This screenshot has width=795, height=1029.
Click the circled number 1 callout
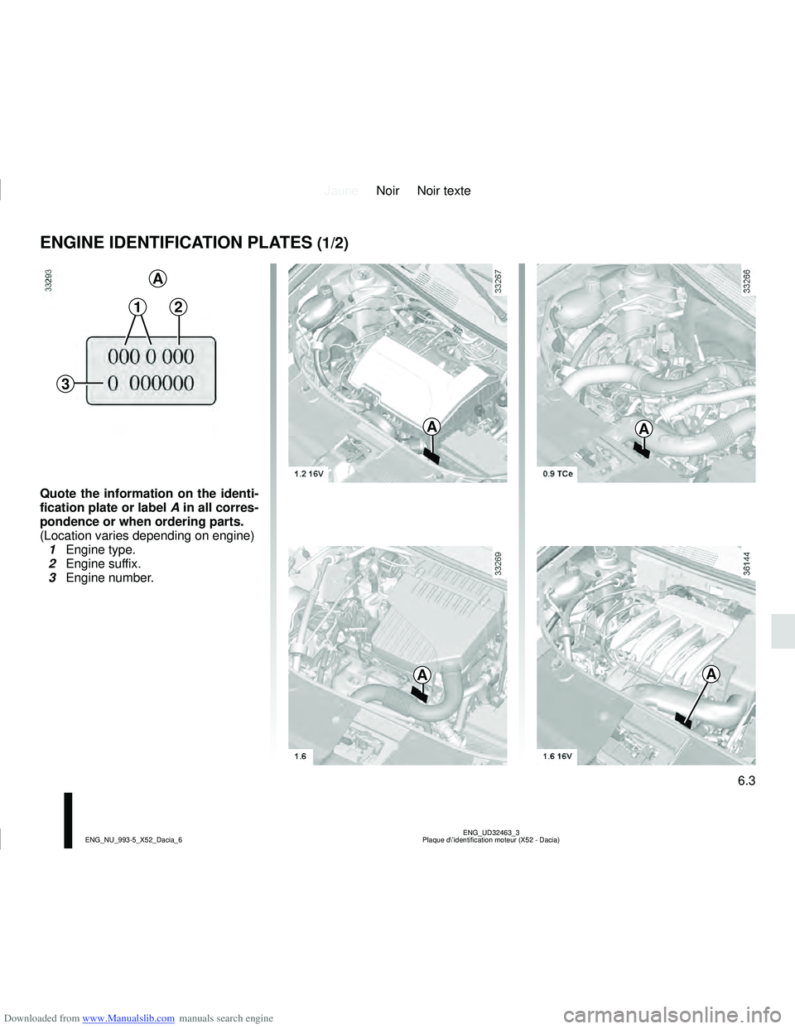click(x=137, y=307)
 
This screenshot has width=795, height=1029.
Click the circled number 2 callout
click(x=179, y=307)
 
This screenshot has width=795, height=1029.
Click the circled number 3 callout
click(x=65, y=384)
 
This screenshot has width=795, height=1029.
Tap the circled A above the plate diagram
click(x=157, y=276)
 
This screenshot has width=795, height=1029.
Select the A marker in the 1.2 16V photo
click(x=431, y=427)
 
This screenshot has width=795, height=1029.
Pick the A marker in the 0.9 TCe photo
click(x=643, y=428)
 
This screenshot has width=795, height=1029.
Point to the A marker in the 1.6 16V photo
click(x=711, y=674)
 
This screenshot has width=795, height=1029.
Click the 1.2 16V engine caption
click(x=308, y=474)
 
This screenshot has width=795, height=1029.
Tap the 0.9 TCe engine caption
click(x=557, y=474)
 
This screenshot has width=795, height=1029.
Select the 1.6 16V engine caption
click(x=557, y=756)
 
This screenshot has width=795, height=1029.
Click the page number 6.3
click(x=745, y=780)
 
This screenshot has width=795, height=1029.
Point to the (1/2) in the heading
click(x=332, y=244)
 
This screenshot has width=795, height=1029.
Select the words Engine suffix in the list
click(x=103, y=563)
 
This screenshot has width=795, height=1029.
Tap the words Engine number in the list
click(x=109, y=577)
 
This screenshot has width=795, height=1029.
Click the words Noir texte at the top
click(x=444, y=191)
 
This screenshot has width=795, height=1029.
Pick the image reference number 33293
click(x=49, y=281)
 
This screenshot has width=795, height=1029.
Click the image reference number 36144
click(x=747, y=564)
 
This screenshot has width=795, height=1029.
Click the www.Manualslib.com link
click(x=128, y=1018)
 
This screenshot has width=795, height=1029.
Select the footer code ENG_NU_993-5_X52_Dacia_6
click(x=133, y=840)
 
